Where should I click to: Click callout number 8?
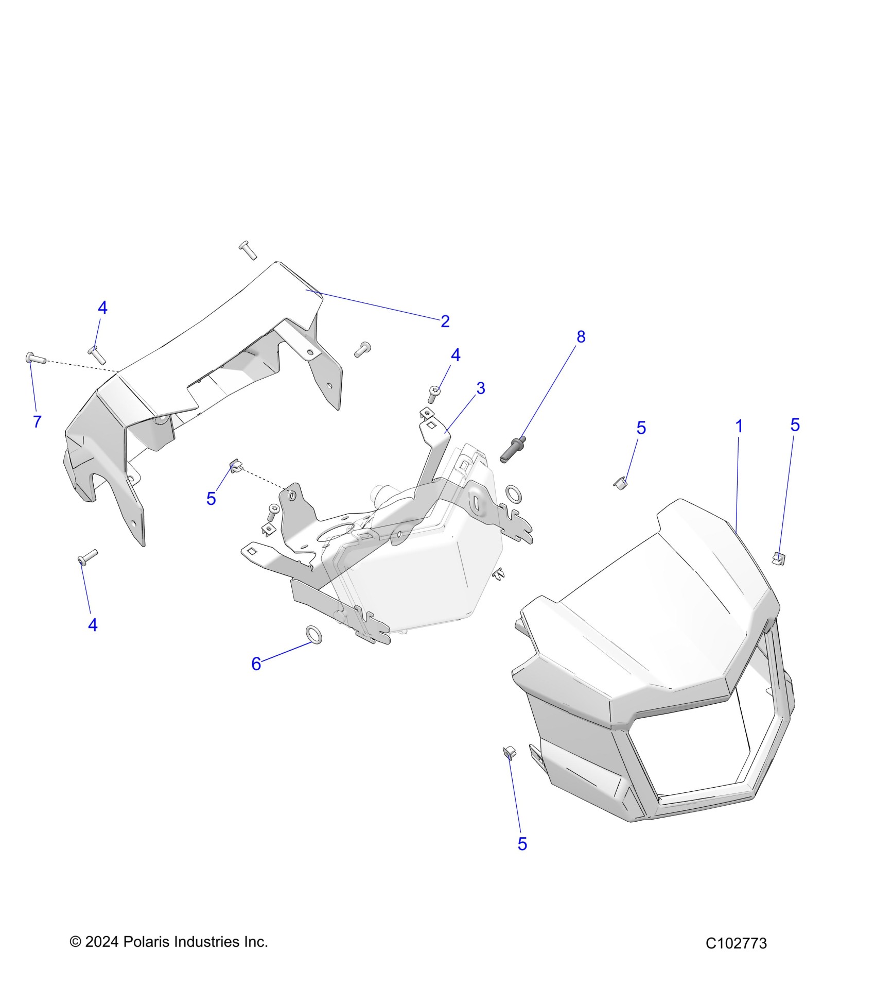581,337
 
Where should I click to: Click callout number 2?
445,321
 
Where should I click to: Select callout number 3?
480,388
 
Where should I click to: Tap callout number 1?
739,426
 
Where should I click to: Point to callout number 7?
37,421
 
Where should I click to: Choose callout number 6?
256,664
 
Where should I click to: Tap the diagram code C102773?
736,943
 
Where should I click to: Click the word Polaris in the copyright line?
146,942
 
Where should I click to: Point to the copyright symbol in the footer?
75,942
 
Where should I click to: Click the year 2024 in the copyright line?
102,942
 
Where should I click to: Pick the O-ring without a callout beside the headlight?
513,494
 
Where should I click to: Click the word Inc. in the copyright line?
255,942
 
